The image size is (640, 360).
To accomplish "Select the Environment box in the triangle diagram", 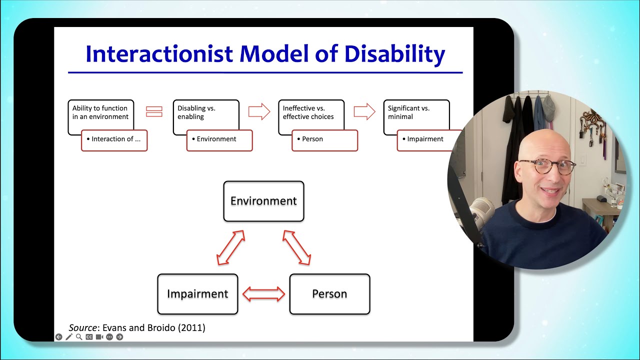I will pyautogui.click(x=263, y=201).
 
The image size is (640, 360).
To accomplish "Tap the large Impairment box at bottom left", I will pyautogui.click(x=197, y=294).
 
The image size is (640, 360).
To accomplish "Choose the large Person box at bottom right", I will pyautogui.click(x=329, y=294).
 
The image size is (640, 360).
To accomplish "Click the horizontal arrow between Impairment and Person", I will pyautogui.click(x=263, y=294).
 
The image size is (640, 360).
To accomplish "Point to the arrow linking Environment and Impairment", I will pyautogui.click(x=230, y=247).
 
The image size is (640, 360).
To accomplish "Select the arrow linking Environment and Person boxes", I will pyautogui.click(x=297, y=247).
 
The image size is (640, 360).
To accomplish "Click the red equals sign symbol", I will pyautogui.click(x=154, y=111).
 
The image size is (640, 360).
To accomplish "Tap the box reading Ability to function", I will pyautogui.click(x=100, y=113).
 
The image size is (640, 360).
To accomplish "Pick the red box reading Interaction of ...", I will pyautogui.click(x=114, y=140).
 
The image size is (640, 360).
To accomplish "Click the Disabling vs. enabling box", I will pyautogui.click(x=205, y=113).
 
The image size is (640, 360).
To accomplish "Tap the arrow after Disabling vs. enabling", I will pyautogui.click(x=259, y=111).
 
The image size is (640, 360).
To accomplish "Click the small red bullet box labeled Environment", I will pyautogui.click(x=219, y=140).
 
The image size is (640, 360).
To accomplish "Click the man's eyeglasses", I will pyautogui.click(x=547, y=167).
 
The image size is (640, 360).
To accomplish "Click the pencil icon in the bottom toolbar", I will pyautogui.click(x=69, y=337).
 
